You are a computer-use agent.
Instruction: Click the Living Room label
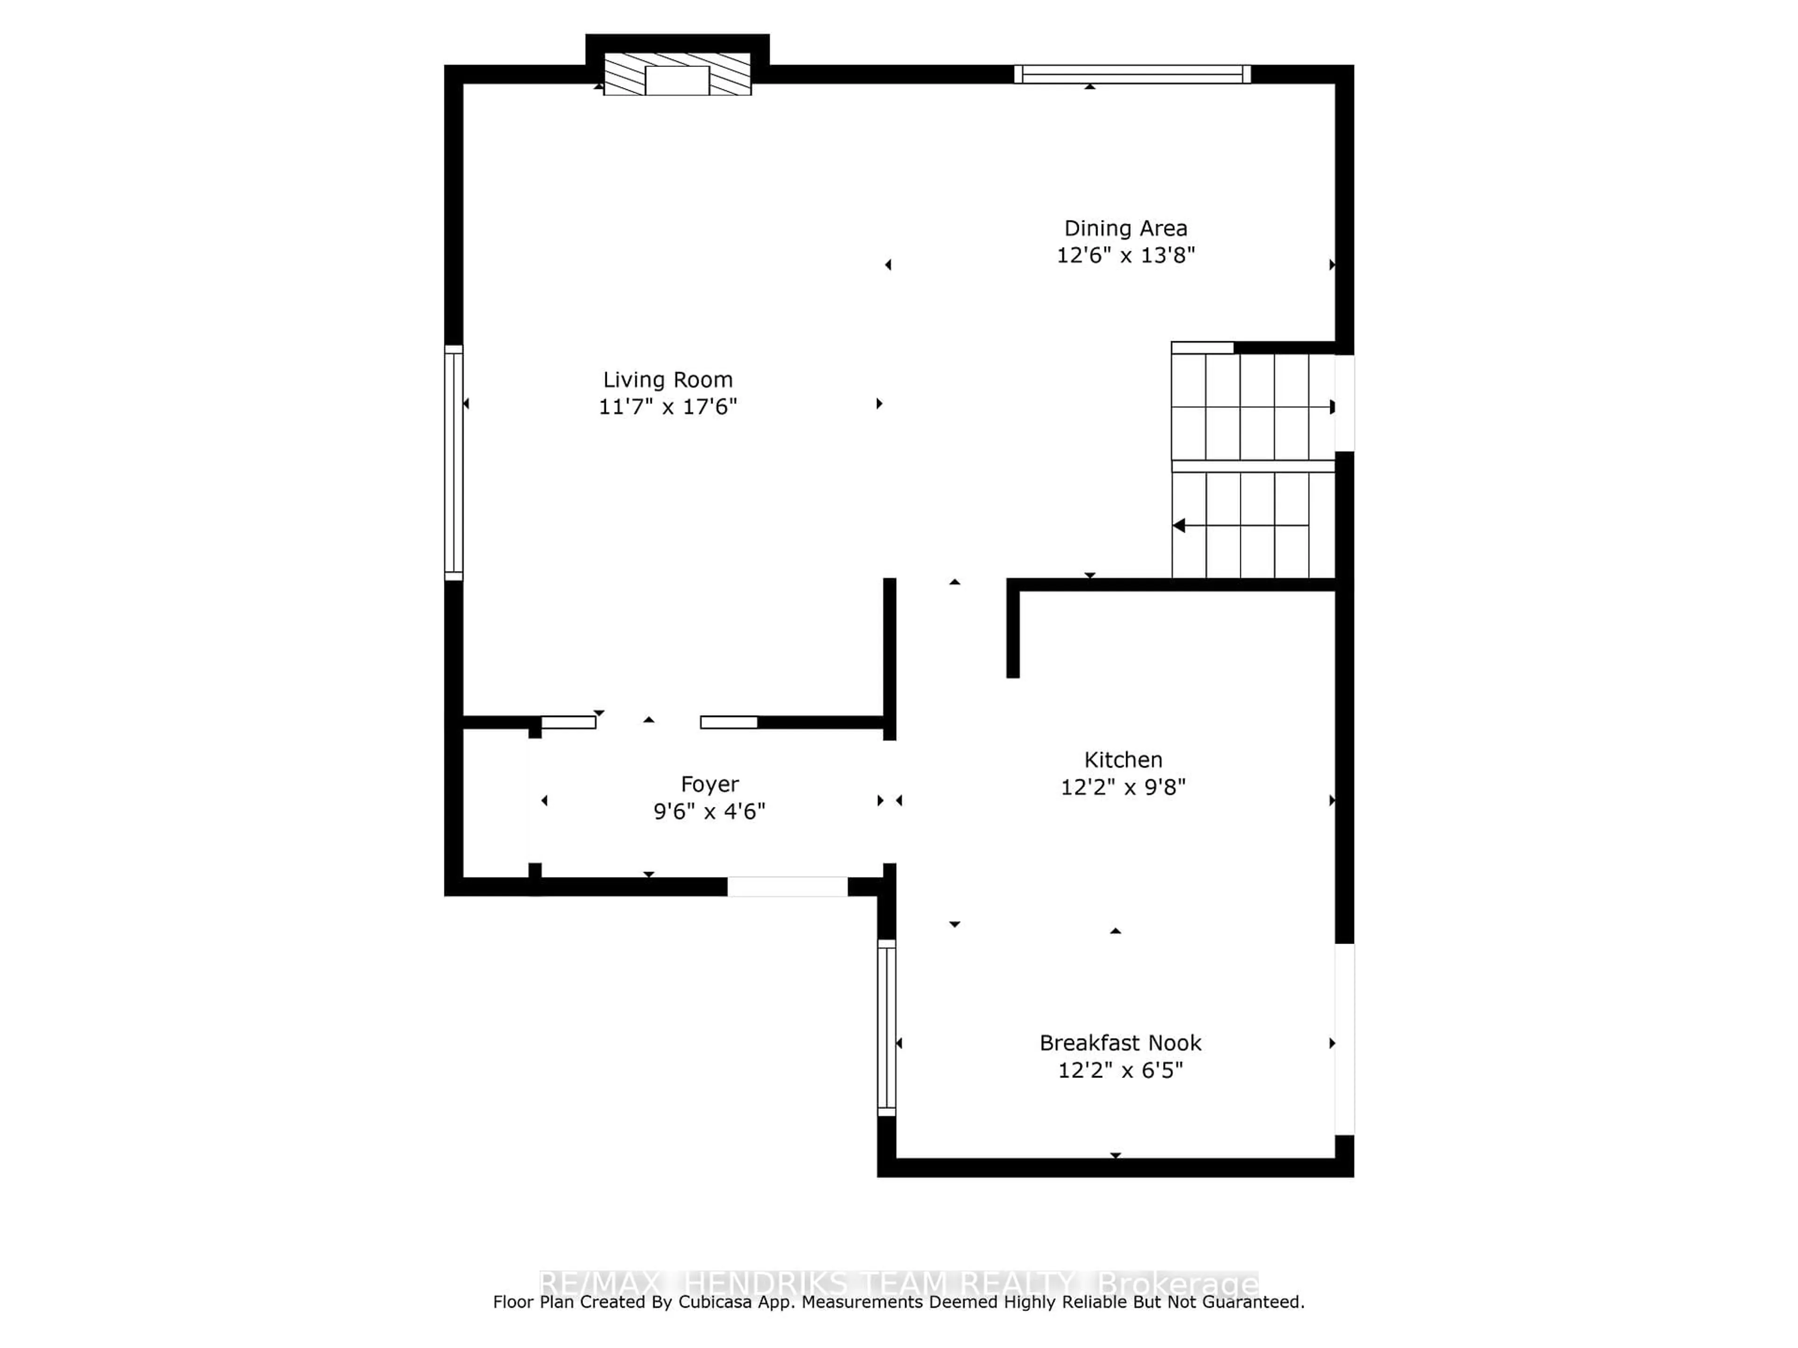click(x=667, y=380)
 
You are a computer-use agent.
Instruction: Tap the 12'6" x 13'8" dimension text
click(x=1125, y=255)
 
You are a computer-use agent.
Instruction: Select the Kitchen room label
click(x=1122, y=760)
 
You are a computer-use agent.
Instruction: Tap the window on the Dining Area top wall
click(x=1131, y=74)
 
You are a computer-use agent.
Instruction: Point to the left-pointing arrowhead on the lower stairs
click(x=1179, y=526)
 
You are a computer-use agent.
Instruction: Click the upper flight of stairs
click(x=1252, y=406)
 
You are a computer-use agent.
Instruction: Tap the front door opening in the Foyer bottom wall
click(x=787, y=886)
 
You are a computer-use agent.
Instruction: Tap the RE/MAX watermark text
click(x=600, y=1284)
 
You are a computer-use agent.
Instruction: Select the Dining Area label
click(x=1125, y=228)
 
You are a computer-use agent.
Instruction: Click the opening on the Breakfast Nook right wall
click(x=1344, y=1039)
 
